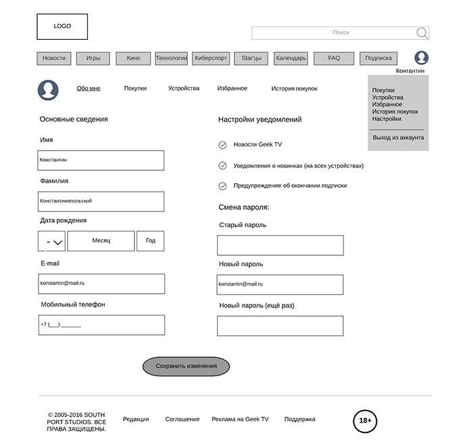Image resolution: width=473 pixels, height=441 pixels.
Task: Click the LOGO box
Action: (62, 26)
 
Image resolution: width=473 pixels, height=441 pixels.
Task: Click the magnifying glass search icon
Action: (422, 33)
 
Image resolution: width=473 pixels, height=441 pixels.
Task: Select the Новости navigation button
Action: (54, 59)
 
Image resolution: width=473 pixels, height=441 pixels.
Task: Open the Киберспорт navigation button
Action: (211, 59)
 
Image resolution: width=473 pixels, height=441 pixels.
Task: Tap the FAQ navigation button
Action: (334, 59)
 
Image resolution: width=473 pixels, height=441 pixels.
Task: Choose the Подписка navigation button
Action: (378, 59)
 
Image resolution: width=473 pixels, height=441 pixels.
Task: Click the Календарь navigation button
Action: (291, 59)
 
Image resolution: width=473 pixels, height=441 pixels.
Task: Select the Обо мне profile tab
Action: (89, 88)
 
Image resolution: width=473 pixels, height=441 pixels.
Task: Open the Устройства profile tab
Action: (184, 88)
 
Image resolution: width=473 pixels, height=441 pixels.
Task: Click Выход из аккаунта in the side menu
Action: (398, 138)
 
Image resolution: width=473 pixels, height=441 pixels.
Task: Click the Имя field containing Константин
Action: (101, 160)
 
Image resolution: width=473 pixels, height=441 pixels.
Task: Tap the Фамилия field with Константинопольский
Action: (101, 201)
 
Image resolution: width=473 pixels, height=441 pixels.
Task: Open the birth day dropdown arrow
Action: (58, 241)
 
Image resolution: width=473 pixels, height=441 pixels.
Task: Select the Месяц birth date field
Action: (101, 241)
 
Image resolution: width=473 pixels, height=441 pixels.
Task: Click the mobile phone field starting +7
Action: (101, 325)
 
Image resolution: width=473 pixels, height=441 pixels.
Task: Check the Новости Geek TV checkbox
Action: (222, 145)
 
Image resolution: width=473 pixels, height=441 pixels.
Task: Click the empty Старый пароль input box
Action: (280, 245)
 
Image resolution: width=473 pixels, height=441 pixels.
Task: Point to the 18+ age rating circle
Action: (365, 421)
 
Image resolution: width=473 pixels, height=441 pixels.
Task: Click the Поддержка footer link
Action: (299, 419)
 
